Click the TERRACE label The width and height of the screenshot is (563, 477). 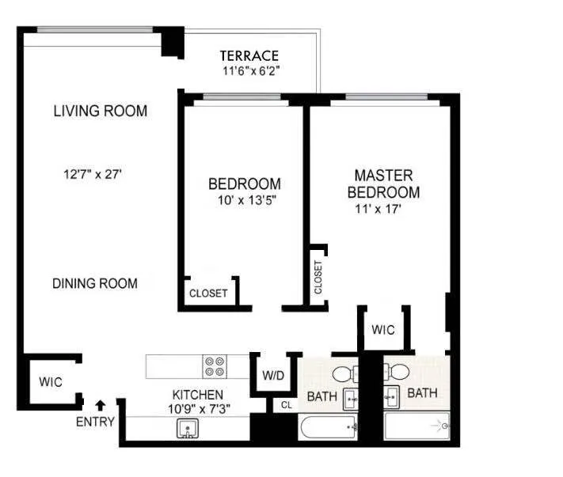click(x=249, y=55)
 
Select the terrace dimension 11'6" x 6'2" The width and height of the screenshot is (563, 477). click(x=252, y=70)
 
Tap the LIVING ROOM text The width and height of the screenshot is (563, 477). click(x=100, y=111)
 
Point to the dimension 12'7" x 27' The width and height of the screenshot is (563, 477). click(x=94, y=174)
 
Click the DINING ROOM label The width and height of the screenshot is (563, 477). click(x=94, y=283)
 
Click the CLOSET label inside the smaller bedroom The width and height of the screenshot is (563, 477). click(x=208, y=293)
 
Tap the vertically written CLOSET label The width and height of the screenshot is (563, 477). click(x=318, y=277)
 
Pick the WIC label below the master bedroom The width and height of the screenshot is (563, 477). click(x=382, y=330)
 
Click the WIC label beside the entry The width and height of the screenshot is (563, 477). click(x=51, y=381)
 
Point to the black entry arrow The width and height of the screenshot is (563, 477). click(x=101, y=407)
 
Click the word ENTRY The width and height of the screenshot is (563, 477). click(x=95, y=422)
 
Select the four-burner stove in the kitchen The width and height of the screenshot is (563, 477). click(x=214, y=367)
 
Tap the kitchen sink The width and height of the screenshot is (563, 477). click(x=188, y=428)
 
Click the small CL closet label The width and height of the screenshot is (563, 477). click(x=285, y=406)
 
